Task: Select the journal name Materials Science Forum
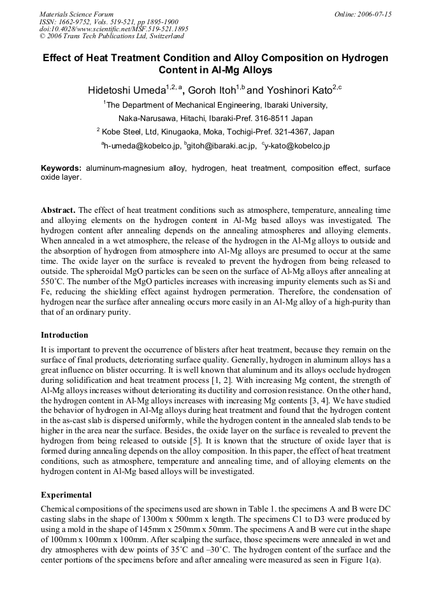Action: tap(76, 14)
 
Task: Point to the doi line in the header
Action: tap(114, 29)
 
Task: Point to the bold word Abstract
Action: tap(58, 210)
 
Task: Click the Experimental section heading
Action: tap(66, 494)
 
